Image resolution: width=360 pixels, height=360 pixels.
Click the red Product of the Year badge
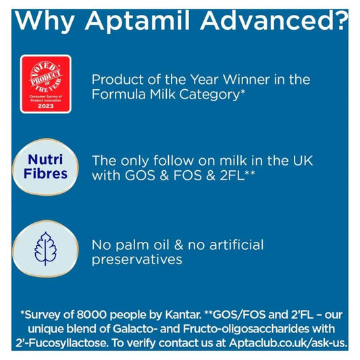click(45, 85)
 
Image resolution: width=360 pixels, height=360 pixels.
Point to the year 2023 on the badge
click(45, 106)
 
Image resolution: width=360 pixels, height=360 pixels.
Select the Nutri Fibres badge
click(47, 166)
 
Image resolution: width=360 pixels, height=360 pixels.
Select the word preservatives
click(138, 260)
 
